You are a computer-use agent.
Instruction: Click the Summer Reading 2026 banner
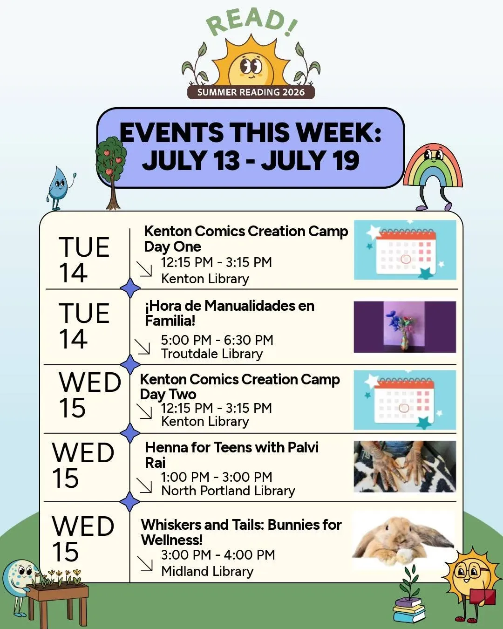pyautogui.click(x=251, y=92)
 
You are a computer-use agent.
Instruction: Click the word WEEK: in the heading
pyautogui.click(x=339, y=133)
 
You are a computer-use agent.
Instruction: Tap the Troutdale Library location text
pyautogui.click(x=212, y=354)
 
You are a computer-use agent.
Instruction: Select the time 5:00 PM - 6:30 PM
pyautogui.click(x=217, y=340)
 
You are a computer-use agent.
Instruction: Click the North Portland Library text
pyautogui.click(x=228, y=491)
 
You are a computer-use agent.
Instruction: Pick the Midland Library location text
pyautogui.click(x=207, y=571)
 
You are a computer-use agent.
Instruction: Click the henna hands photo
pyautogui.click(x=405, y=467)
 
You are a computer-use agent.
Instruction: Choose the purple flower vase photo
pyautogui.click(x=405, y=327)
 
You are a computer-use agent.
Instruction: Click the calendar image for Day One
pyautogui.click(x=405, y=250)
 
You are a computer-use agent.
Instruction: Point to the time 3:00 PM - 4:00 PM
pyautogui.click(x=218, y=555)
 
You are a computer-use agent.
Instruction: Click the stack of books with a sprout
pyautogui.click(x=409, y=596)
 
